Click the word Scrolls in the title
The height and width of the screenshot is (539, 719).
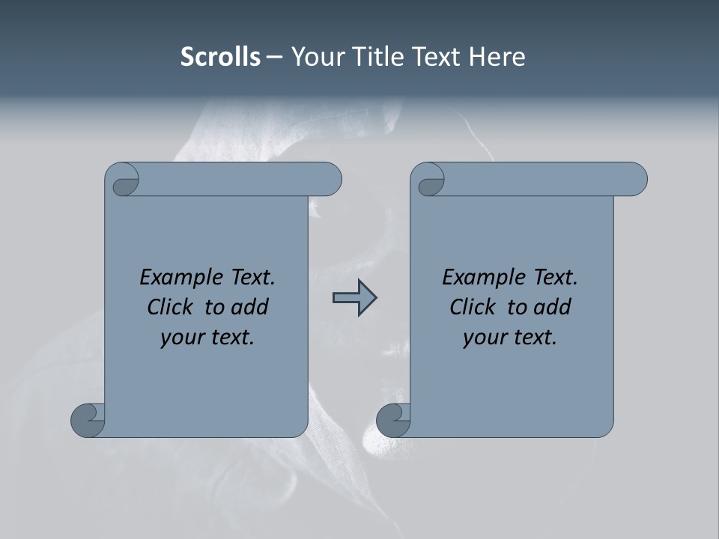tap(220, 57)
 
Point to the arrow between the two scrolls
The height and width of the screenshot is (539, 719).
tap(354, 298)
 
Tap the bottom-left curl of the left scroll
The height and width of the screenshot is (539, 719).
tap(88, 419)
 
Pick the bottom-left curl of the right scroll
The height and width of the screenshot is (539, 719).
tap(394, 419)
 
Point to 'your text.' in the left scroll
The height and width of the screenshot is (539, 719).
tap(207, 338)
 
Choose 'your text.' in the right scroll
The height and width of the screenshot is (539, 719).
tap(510, 338)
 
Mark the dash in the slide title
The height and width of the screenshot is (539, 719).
tap(274, 57)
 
